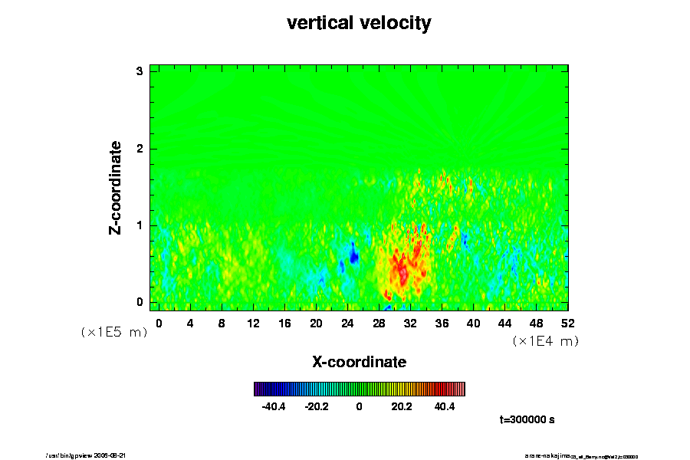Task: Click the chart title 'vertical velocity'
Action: click(x=359, y=23)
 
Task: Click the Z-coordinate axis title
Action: click(x=116, y=187)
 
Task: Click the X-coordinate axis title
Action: click(x=359, y=361)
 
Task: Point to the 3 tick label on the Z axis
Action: click(x=140, y=71)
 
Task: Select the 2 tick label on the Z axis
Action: click(x=140, y=148)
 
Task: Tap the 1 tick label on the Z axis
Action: click(x=140, y=225)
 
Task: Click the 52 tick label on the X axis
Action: click(x=568, y=324)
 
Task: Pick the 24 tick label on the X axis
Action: click(x=347, y=324)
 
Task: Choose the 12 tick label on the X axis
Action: click(x=253, y=324)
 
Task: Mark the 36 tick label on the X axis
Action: click(x=442, y=324)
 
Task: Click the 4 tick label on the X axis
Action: click(x=190, y=324)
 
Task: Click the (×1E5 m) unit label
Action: click(x=113, y=333)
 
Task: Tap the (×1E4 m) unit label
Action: click(x=545, y=341)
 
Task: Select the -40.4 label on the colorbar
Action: click(x=274, y=407)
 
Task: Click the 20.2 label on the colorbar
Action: click(x=402, y=407)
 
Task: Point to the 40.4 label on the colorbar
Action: click(x=445, y=407)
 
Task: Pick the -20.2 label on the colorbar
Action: click(x=317, y=407)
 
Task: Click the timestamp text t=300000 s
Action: click(x=527, y=419)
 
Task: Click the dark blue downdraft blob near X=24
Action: click(x=353, y=253)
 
